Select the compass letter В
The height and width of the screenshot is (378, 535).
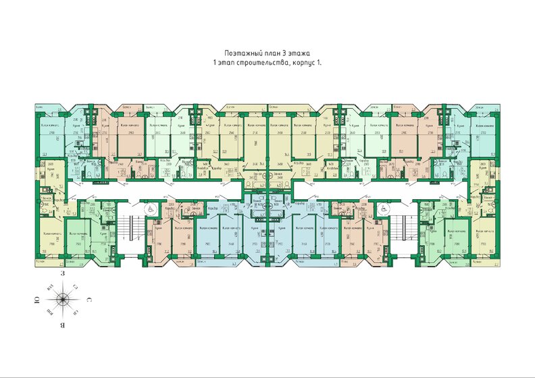(61, 323)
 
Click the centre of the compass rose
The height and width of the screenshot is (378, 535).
(62, 299)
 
